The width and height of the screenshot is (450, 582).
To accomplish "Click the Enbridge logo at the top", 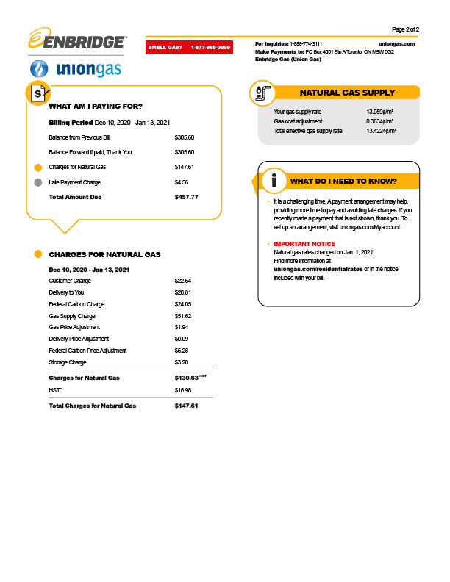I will tap(76, 40).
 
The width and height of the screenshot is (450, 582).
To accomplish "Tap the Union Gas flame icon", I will tap(39, 70).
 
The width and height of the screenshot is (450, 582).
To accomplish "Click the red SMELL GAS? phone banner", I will tap(189, 47).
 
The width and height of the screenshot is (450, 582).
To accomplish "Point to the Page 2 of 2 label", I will tap(406, 29).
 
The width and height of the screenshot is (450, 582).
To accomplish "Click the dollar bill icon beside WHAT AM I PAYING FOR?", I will tap(37, 93).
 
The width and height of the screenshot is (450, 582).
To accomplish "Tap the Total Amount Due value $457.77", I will tap(187, 197).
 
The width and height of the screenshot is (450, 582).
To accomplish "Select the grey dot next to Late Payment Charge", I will tap(37, 182).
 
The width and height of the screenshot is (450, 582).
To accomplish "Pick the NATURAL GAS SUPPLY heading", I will tap(347, 93).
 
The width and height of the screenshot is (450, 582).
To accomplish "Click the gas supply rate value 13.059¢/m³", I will tap(381, 112).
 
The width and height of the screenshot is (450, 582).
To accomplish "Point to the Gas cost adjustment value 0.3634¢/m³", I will tap(381, 121).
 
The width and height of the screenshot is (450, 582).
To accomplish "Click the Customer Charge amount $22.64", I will tap(183, 281).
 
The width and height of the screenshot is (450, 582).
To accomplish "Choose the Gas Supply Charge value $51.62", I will tap(183, 315).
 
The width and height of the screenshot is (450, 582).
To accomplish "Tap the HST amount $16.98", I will tap(183, 390).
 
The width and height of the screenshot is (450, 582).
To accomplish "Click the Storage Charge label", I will tap(68, 362).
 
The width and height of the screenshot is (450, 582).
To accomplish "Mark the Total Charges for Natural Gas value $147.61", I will tap(187, 406).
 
